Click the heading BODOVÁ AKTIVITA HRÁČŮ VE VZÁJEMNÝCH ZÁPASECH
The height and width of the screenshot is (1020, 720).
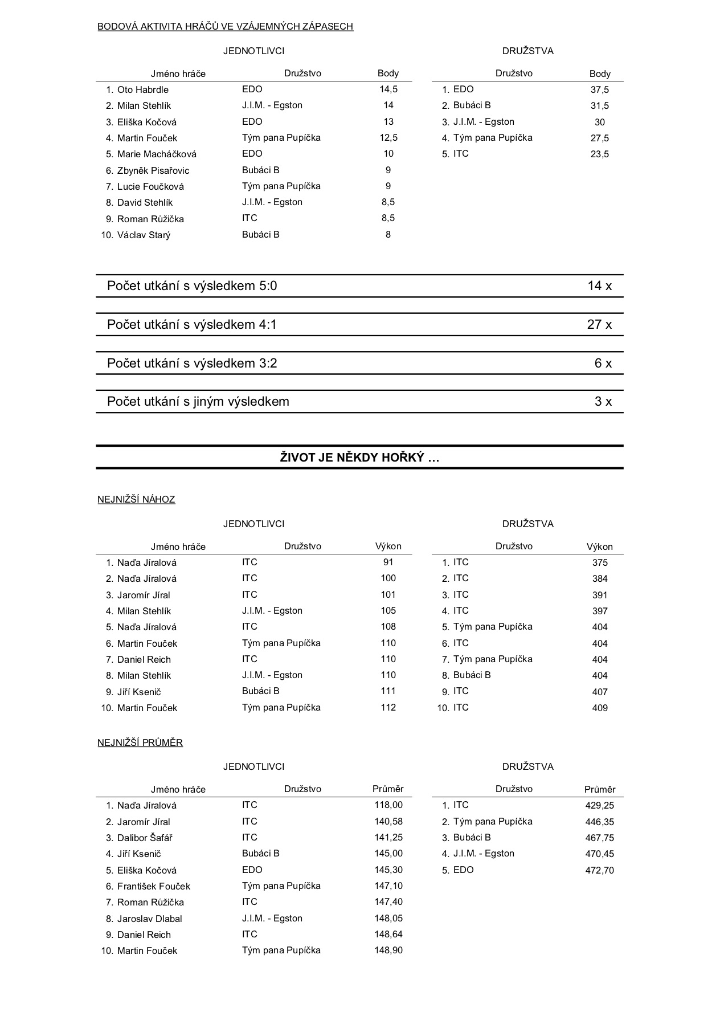tap(225, 26)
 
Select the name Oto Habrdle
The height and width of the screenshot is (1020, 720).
tap(142, 89)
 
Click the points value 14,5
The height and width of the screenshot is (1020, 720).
tap(388, 89)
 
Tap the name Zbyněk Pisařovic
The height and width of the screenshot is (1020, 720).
tap(153, 170)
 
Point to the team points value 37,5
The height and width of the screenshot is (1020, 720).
tap(599, 90)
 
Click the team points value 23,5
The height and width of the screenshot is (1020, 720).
tap(599, 154)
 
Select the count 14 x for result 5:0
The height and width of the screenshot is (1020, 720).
tap(599, 286)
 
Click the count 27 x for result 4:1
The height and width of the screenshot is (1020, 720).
tap(599, 325)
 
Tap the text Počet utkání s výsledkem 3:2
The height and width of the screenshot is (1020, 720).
tap(192, 364)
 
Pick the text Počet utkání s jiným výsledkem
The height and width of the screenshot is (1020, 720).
tap(198, 402)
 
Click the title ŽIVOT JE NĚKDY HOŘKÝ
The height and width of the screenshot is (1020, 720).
tap(359, 458)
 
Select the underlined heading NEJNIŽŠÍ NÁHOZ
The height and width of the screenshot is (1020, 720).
tap(136, 500)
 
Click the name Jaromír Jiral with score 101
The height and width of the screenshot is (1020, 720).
tap(143, 595)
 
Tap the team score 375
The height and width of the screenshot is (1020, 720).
tap(599, 563)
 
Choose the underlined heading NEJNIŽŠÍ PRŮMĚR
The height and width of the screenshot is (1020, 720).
tap(140, 743)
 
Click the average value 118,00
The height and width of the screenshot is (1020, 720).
tap(388, 805)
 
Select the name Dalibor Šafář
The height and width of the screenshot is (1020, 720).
tap(145, 838)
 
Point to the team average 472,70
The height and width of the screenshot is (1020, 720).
tap(599, 870)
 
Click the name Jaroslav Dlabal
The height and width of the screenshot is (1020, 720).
tap(149, 919)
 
